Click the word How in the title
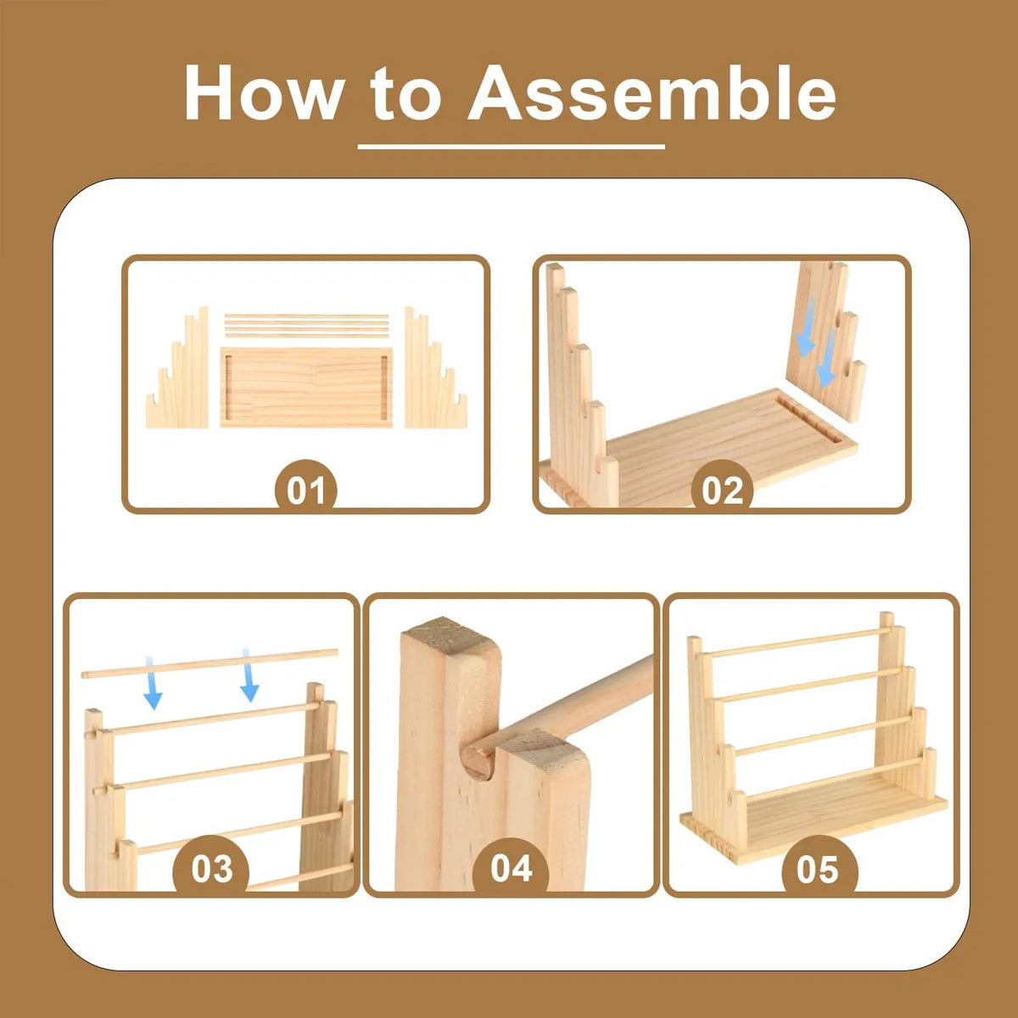[x=262, y=93]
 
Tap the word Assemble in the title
[x=652, y=93]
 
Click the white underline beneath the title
[x=511, y=146]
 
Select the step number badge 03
[x=211, y=868]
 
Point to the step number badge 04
[x=511, y=868]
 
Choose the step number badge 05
[x=817, y=869]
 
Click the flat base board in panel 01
[x=306, y=387]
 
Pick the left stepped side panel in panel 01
[x=177, y=367]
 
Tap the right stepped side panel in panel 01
[x=436, y=367]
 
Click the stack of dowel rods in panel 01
[x=306, y=326]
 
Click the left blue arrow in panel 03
[x=153, y=683]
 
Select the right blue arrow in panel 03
[x=249, y=675]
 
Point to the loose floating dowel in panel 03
[x=210, y=663]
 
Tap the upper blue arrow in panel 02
[x=806, y=326]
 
